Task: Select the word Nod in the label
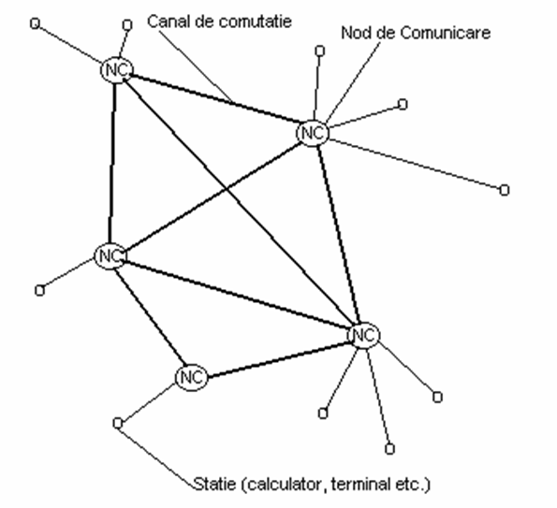pos(354,33)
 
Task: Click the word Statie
pos(214,484)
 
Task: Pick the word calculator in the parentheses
pos(284,485)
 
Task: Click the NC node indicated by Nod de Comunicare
pos(313,133)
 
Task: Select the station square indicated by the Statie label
pos(118,423)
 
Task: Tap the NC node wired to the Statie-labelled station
pos(191,377)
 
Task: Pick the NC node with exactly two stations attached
pos(116,70)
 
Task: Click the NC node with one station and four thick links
pos(110,256)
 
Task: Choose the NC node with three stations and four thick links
pos(364,335)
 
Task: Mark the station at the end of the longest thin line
pos(504,190)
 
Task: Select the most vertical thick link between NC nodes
pos(112,164)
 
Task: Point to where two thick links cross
pos(227,188)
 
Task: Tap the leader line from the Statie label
pos(155,456)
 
